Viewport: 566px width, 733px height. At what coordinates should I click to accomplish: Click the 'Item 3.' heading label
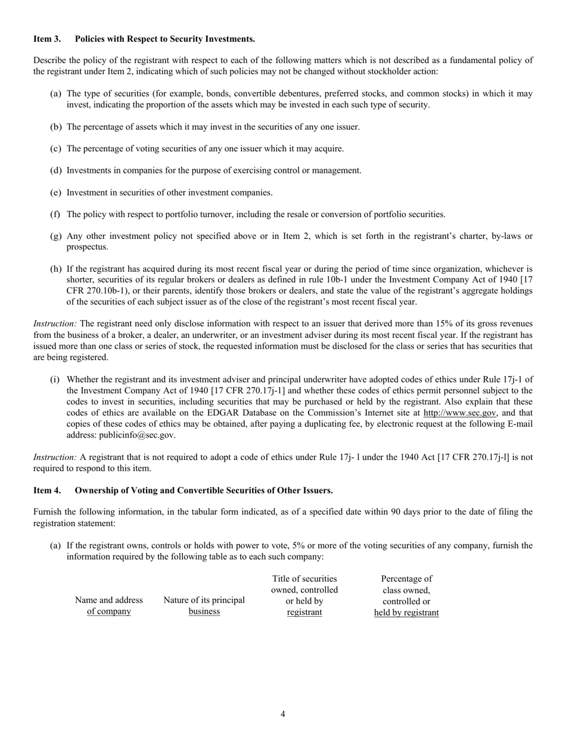pos(47,39)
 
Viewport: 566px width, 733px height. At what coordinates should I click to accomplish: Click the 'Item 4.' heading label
pos(47,490)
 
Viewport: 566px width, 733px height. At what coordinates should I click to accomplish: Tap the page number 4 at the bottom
pos(283,715)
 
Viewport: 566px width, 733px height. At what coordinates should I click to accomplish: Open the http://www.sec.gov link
pos(459,413)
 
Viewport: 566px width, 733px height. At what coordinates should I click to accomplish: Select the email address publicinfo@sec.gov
pos(136,435)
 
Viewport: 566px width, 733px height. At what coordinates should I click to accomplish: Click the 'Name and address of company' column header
pos(108,605)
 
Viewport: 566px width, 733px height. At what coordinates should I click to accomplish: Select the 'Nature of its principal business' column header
pos(204,605)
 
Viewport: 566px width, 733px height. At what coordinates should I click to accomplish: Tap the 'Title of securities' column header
pos(304,595)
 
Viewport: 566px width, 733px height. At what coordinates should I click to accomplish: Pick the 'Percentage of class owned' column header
pos(406,595)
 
